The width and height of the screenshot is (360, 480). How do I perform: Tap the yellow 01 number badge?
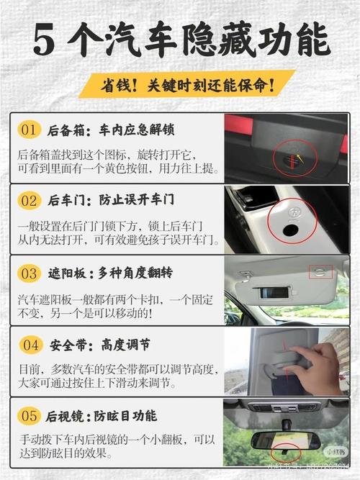[x=29, y=130]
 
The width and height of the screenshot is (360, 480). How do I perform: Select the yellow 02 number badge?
[x=29, y=199]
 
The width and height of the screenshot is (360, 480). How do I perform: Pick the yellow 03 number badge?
[x=29, y=273]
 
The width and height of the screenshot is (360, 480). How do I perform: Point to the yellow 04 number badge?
[x=30, y=345]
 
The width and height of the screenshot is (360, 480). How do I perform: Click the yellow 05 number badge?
[x=29, y=416]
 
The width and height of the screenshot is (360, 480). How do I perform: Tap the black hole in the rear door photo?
[x=293, y=230]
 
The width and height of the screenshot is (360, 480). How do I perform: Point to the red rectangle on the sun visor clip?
[x=320, y=271]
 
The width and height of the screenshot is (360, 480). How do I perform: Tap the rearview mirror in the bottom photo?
[x=288, y=439]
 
